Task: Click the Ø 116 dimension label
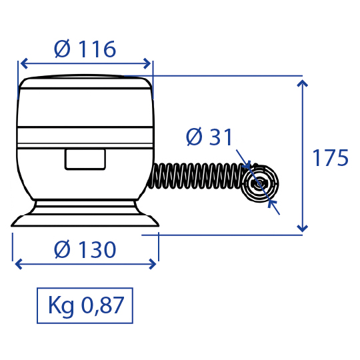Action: point(85,49)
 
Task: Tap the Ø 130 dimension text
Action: point(85,249)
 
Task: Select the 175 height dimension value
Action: point(331,158)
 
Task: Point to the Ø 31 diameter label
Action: point(209,137)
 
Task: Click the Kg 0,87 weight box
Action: point(85,305)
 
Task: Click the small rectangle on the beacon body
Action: point(85,159)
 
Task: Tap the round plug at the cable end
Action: point(260,183)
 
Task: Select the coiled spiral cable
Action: point(196,176)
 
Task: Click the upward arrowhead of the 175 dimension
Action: point(303,83)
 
